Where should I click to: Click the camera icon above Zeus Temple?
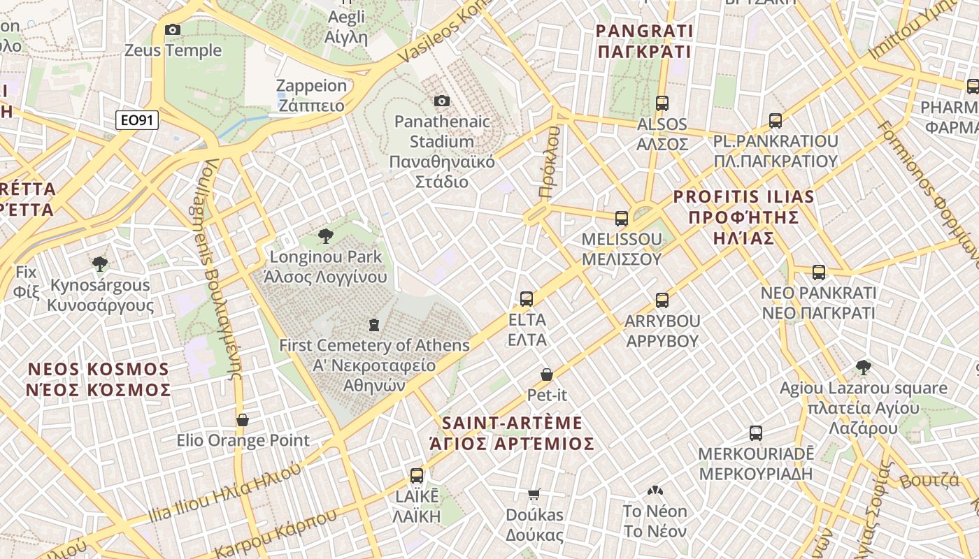pos(173,29)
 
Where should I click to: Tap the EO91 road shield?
pos(137,120)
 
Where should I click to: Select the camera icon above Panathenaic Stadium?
pos(441,101)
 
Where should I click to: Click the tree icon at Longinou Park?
pos(325,236)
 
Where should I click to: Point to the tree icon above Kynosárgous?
pos(99,263)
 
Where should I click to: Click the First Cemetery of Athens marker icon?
pos(374,324)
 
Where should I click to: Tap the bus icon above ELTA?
pos(527,299)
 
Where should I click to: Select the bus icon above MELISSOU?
pos(621,218)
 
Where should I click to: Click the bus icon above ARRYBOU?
pos(662,300)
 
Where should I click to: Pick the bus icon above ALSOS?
pos(662,103)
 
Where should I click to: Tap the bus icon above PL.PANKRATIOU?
pos(775,120)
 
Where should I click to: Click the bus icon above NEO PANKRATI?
pos(818,272)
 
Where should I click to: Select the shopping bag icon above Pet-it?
pos(547,375)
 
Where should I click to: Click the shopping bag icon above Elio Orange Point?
pos(243,419)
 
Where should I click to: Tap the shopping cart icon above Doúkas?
pos(534,494)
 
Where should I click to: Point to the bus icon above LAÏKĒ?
pos(417,476)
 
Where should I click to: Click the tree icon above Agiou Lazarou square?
pos(863,367)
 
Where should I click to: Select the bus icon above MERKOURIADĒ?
pos(755,433)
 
